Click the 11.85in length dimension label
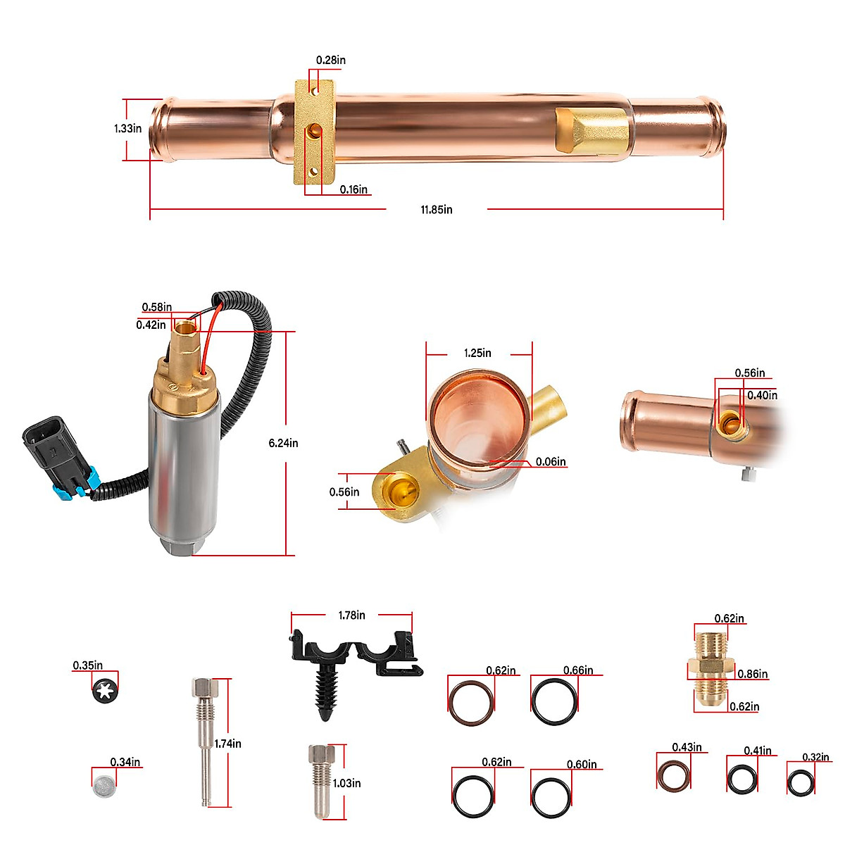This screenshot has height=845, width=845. click(x=437, y=209)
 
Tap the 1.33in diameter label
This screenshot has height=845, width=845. click(x=127, y=128)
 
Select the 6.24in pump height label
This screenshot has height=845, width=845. click(x=283, y=443)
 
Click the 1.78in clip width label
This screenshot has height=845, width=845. click(x=351, y=615)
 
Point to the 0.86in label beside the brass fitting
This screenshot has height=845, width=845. click(x=752, y=674)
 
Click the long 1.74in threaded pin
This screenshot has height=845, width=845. click(x=202, y=739)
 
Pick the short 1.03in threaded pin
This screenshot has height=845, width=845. click(x=319, y=780)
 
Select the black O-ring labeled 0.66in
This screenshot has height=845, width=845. click(x=554, y=701)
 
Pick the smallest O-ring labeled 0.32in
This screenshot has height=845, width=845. click(x=801, y=782)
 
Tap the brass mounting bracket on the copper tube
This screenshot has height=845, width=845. click(x=314, y=132)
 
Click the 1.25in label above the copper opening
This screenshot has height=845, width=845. click(x=477, y=353)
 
